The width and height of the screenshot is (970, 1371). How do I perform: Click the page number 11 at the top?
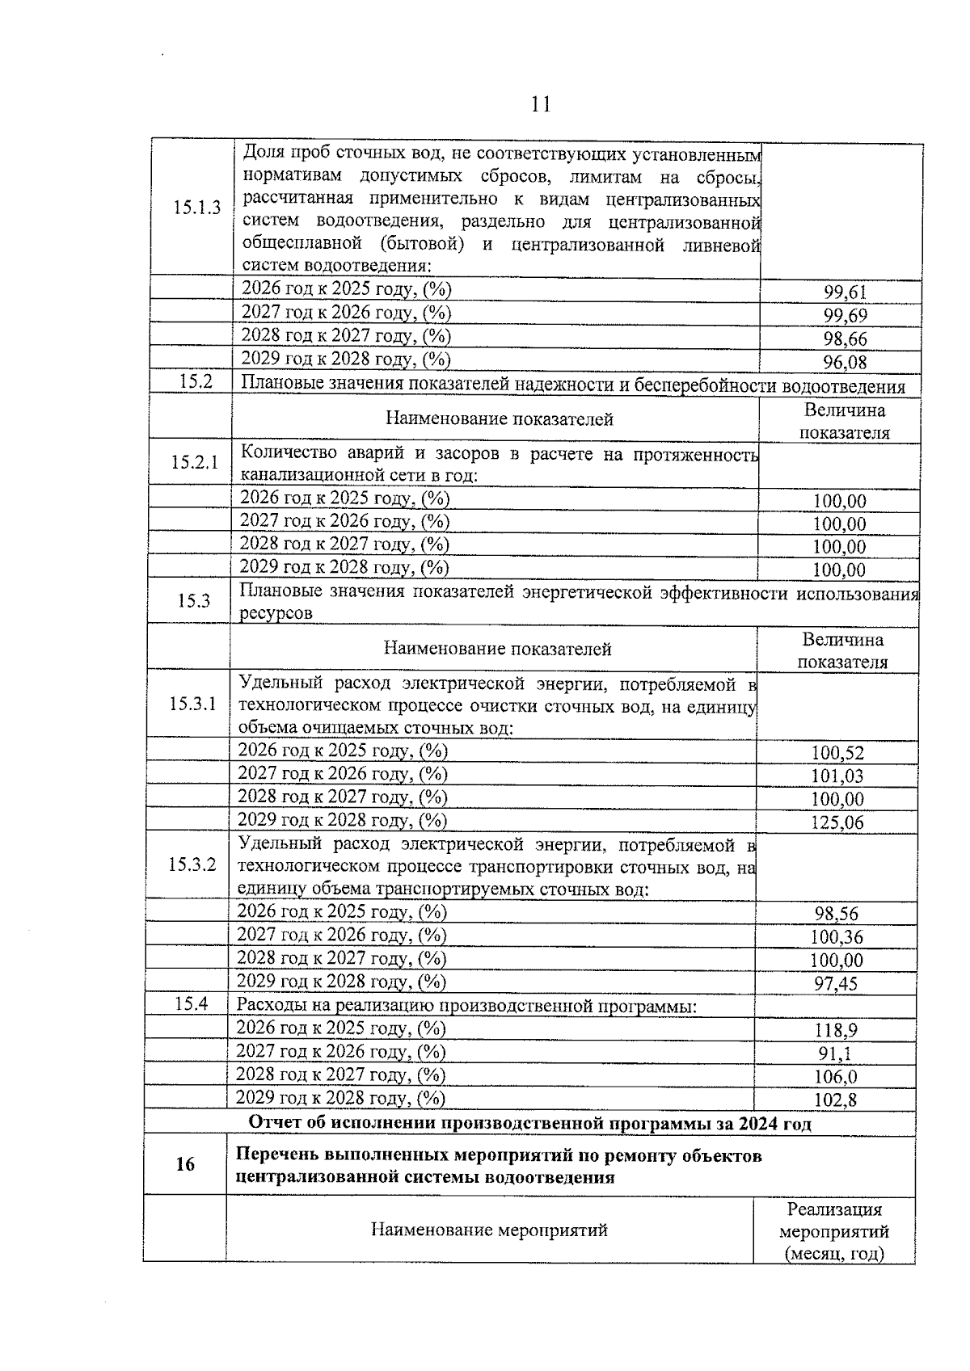tap(541, 103)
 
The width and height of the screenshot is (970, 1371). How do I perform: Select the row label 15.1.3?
tap(196, 208)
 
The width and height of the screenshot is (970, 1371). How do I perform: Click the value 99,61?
tap(845, 292)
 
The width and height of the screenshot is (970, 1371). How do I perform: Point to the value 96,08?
tap(845, 363)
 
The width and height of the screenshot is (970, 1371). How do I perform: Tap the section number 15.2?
tap(195, 382)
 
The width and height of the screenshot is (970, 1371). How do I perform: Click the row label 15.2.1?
tap(194, 462)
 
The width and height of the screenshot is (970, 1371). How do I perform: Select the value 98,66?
tap(845, 339)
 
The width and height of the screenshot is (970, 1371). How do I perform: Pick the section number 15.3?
tap(193, 600)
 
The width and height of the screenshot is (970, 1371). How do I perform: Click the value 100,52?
tap(837, 754)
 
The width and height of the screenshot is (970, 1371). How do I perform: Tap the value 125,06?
tap(837, 823)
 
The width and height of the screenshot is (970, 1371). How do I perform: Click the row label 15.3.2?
tap(192, 864)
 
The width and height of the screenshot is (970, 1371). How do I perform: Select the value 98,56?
tap(837, 915)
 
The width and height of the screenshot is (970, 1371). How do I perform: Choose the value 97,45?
tap(836, 984)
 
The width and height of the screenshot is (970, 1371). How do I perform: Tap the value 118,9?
tap(836, 1031)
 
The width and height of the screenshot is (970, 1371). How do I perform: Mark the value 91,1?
tap(835, 1054)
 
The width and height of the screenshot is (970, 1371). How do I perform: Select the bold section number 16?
tap(185, 1164)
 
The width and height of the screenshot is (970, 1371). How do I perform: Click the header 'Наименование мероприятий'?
tap(489, 1230)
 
